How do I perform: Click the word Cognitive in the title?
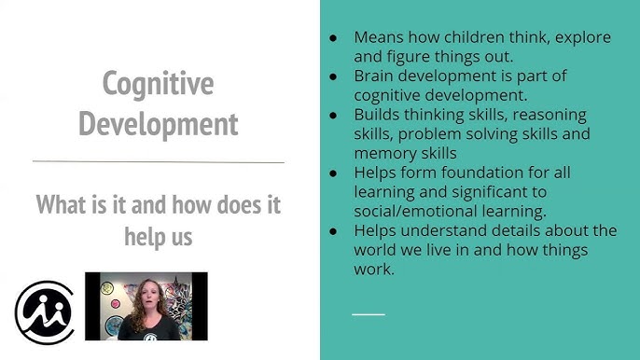point(158,84)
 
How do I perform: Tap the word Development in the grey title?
point(158,123)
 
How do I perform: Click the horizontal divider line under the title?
point(158,162)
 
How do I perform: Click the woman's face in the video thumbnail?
point(146,298)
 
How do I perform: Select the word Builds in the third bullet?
point(378,115)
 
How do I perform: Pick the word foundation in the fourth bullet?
point(503,173)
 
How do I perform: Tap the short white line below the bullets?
point(368,313)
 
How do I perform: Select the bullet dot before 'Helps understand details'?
point(334,231)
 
